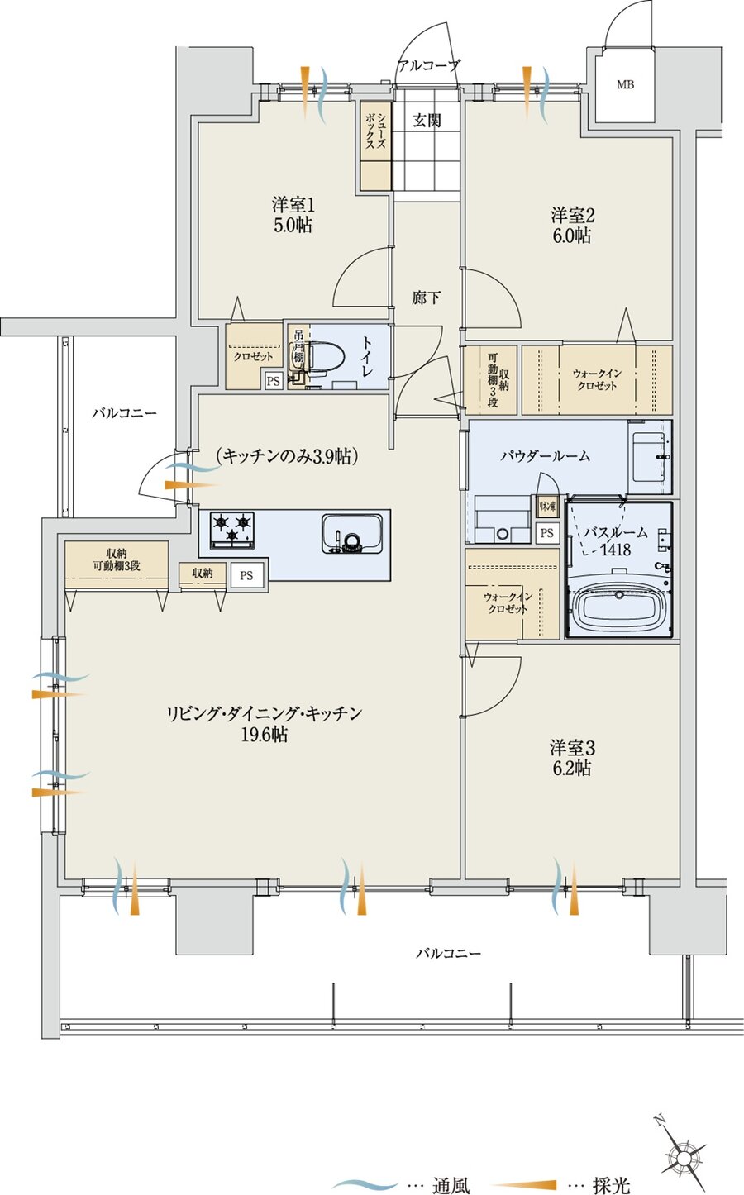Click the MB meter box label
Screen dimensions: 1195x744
pyautogui.click(x=625, y=84)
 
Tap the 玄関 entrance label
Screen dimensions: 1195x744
pyautogui.click(x=427, y=121)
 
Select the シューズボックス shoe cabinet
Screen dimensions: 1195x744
pyautogui.click(x=374, y=145)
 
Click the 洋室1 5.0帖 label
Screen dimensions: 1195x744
pyautogui.click(x=293, y=215)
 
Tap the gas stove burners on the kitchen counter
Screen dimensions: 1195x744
pyautogui.click(x=232, y=530)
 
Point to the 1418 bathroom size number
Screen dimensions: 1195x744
pyautogui.click(x=614, y=549)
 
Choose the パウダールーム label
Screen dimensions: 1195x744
pyautogui.click(x=545, y=455)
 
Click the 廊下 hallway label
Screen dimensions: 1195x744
pyautogui.click(x=426, y=298)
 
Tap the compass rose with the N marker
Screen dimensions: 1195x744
pyautogui.click(x=684, y=1153)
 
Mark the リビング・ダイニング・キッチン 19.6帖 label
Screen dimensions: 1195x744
pyautogui.click(x=264, y=723)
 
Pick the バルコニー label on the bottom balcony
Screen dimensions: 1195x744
pyautogui.click(x=448, y=953)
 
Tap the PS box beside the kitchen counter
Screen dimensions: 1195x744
pyautogui.click(x=246, y=574)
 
